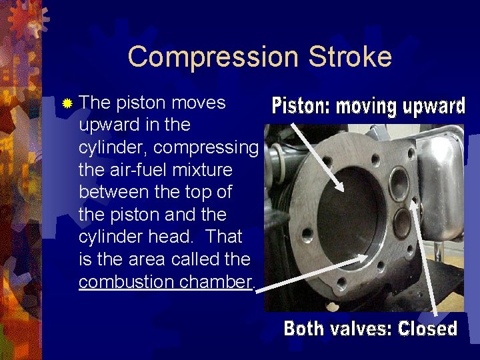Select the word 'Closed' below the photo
(x=427, y=329)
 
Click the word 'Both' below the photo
(x=305, y=329)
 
